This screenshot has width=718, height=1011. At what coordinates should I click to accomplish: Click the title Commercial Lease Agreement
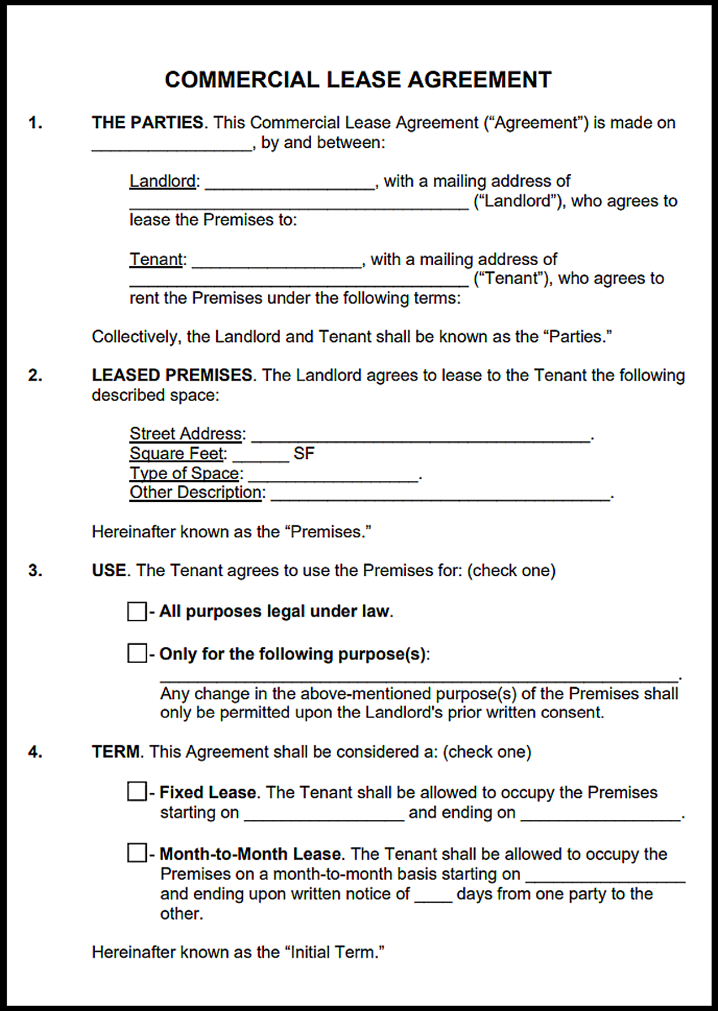coord(358,80)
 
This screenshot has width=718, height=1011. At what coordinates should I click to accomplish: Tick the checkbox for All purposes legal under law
coord(137,611)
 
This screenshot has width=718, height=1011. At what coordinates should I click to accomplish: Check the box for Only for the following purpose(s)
coord(137,654)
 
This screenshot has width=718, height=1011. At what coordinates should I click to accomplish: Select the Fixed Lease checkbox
coord(137,791)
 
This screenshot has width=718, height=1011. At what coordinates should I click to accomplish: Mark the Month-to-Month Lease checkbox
coord(137,853)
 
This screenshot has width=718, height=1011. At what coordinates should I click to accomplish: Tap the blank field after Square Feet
coord(261,456)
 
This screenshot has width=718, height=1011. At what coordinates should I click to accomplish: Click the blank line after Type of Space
coord(333,475)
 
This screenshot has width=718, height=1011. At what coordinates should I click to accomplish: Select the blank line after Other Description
coord(441,495)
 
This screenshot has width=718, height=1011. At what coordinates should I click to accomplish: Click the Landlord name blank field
coord(290,183)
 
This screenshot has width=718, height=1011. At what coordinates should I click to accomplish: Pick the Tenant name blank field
coord(277,261)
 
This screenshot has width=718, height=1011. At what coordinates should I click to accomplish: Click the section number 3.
coord(35,571)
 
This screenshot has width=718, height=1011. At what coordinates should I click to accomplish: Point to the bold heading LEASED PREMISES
coord(172,375)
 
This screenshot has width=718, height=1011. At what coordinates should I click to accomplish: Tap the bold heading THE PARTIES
coord(148,123)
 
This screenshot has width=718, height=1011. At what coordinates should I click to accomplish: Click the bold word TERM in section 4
coord(116,752)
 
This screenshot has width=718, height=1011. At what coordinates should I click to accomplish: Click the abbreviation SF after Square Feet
coord(304,453)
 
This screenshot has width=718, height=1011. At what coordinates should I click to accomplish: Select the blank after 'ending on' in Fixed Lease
coord(600,815)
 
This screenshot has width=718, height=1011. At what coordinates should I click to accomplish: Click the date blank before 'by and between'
coord(172,145)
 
